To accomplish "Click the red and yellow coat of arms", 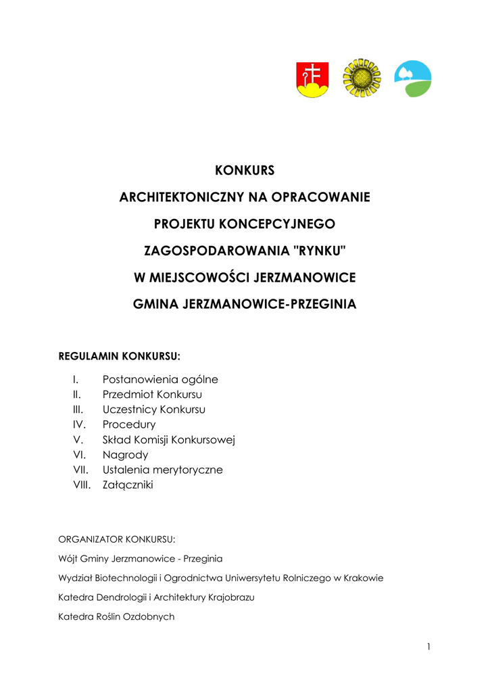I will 312,79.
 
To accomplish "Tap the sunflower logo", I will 362,78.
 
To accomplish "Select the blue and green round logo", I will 412,79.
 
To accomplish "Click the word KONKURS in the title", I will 245,170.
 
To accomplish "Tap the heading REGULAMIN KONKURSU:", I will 120,356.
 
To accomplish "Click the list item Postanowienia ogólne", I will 160,380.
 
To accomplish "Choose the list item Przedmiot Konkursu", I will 152,395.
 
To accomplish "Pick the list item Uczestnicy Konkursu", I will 154,410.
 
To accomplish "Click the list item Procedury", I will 129,424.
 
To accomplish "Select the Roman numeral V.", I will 76,440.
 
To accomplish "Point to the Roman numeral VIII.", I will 81,485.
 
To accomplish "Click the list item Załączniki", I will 128,485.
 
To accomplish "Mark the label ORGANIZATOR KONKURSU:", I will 117,539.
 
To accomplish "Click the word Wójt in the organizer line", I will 68,559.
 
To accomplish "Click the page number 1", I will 428,647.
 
